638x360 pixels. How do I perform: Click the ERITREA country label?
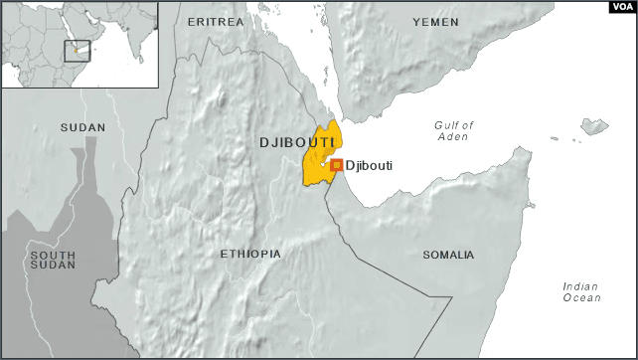pyautogui.click(x=217, y=22)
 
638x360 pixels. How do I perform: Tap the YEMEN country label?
pyautogui.click(x=435, y=22)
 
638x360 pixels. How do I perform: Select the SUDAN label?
pyautogui.click(x=82, y=127)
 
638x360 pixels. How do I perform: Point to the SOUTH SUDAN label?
pyautogui.click(x=53, y=262)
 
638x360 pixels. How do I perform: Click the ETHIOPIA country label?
pyautogui.click(x=249, y=255)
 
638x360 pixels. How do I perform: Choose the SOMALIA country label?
pyautogui.click(x=448, y=256)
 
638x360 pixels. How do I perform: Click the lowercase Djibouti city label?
pyautogui.click(x=369, y=166)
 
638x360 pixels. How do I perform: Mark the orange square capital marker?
pyautogui.click(x=337, y=165)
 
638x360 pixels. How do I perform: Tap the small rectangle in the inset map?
pyautogui.click(x=78, y=51)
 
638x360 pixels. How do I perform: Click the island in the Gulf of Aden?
pyautogui.click(x=594, y=126)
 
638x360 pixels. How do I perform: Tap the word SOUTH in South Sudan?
pyautogui.click(x=53, y=256)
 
